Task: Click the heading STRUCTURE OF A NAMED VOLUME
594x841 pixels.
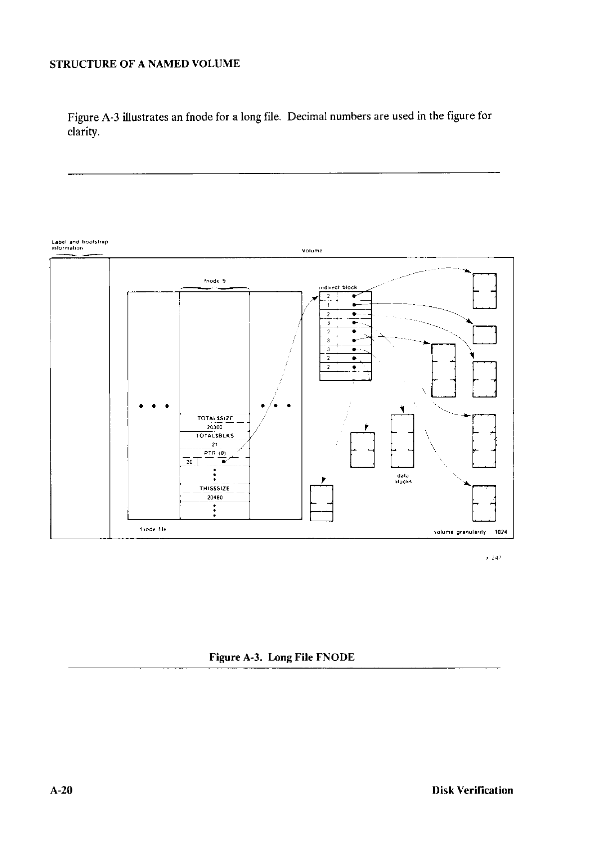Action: point(145,64)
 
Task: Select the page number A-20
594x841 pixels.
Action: point(62,790)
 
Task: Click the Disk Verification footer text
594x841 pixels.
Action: point(472,790)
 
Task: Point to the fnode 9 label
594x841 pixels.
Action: point(214,280)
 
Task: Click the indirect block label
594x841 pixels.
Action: point(338,287)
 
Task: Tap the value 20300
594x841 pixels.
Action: point(214,427)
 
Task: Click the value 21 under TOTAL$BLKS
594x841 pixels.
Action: point(214,444)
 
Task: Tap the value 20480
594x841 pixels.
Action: point(214,498)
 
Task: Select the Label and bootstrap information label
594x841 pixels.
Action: point(79,245)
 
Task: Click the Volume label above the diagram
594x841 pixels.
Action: point(313,250)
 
